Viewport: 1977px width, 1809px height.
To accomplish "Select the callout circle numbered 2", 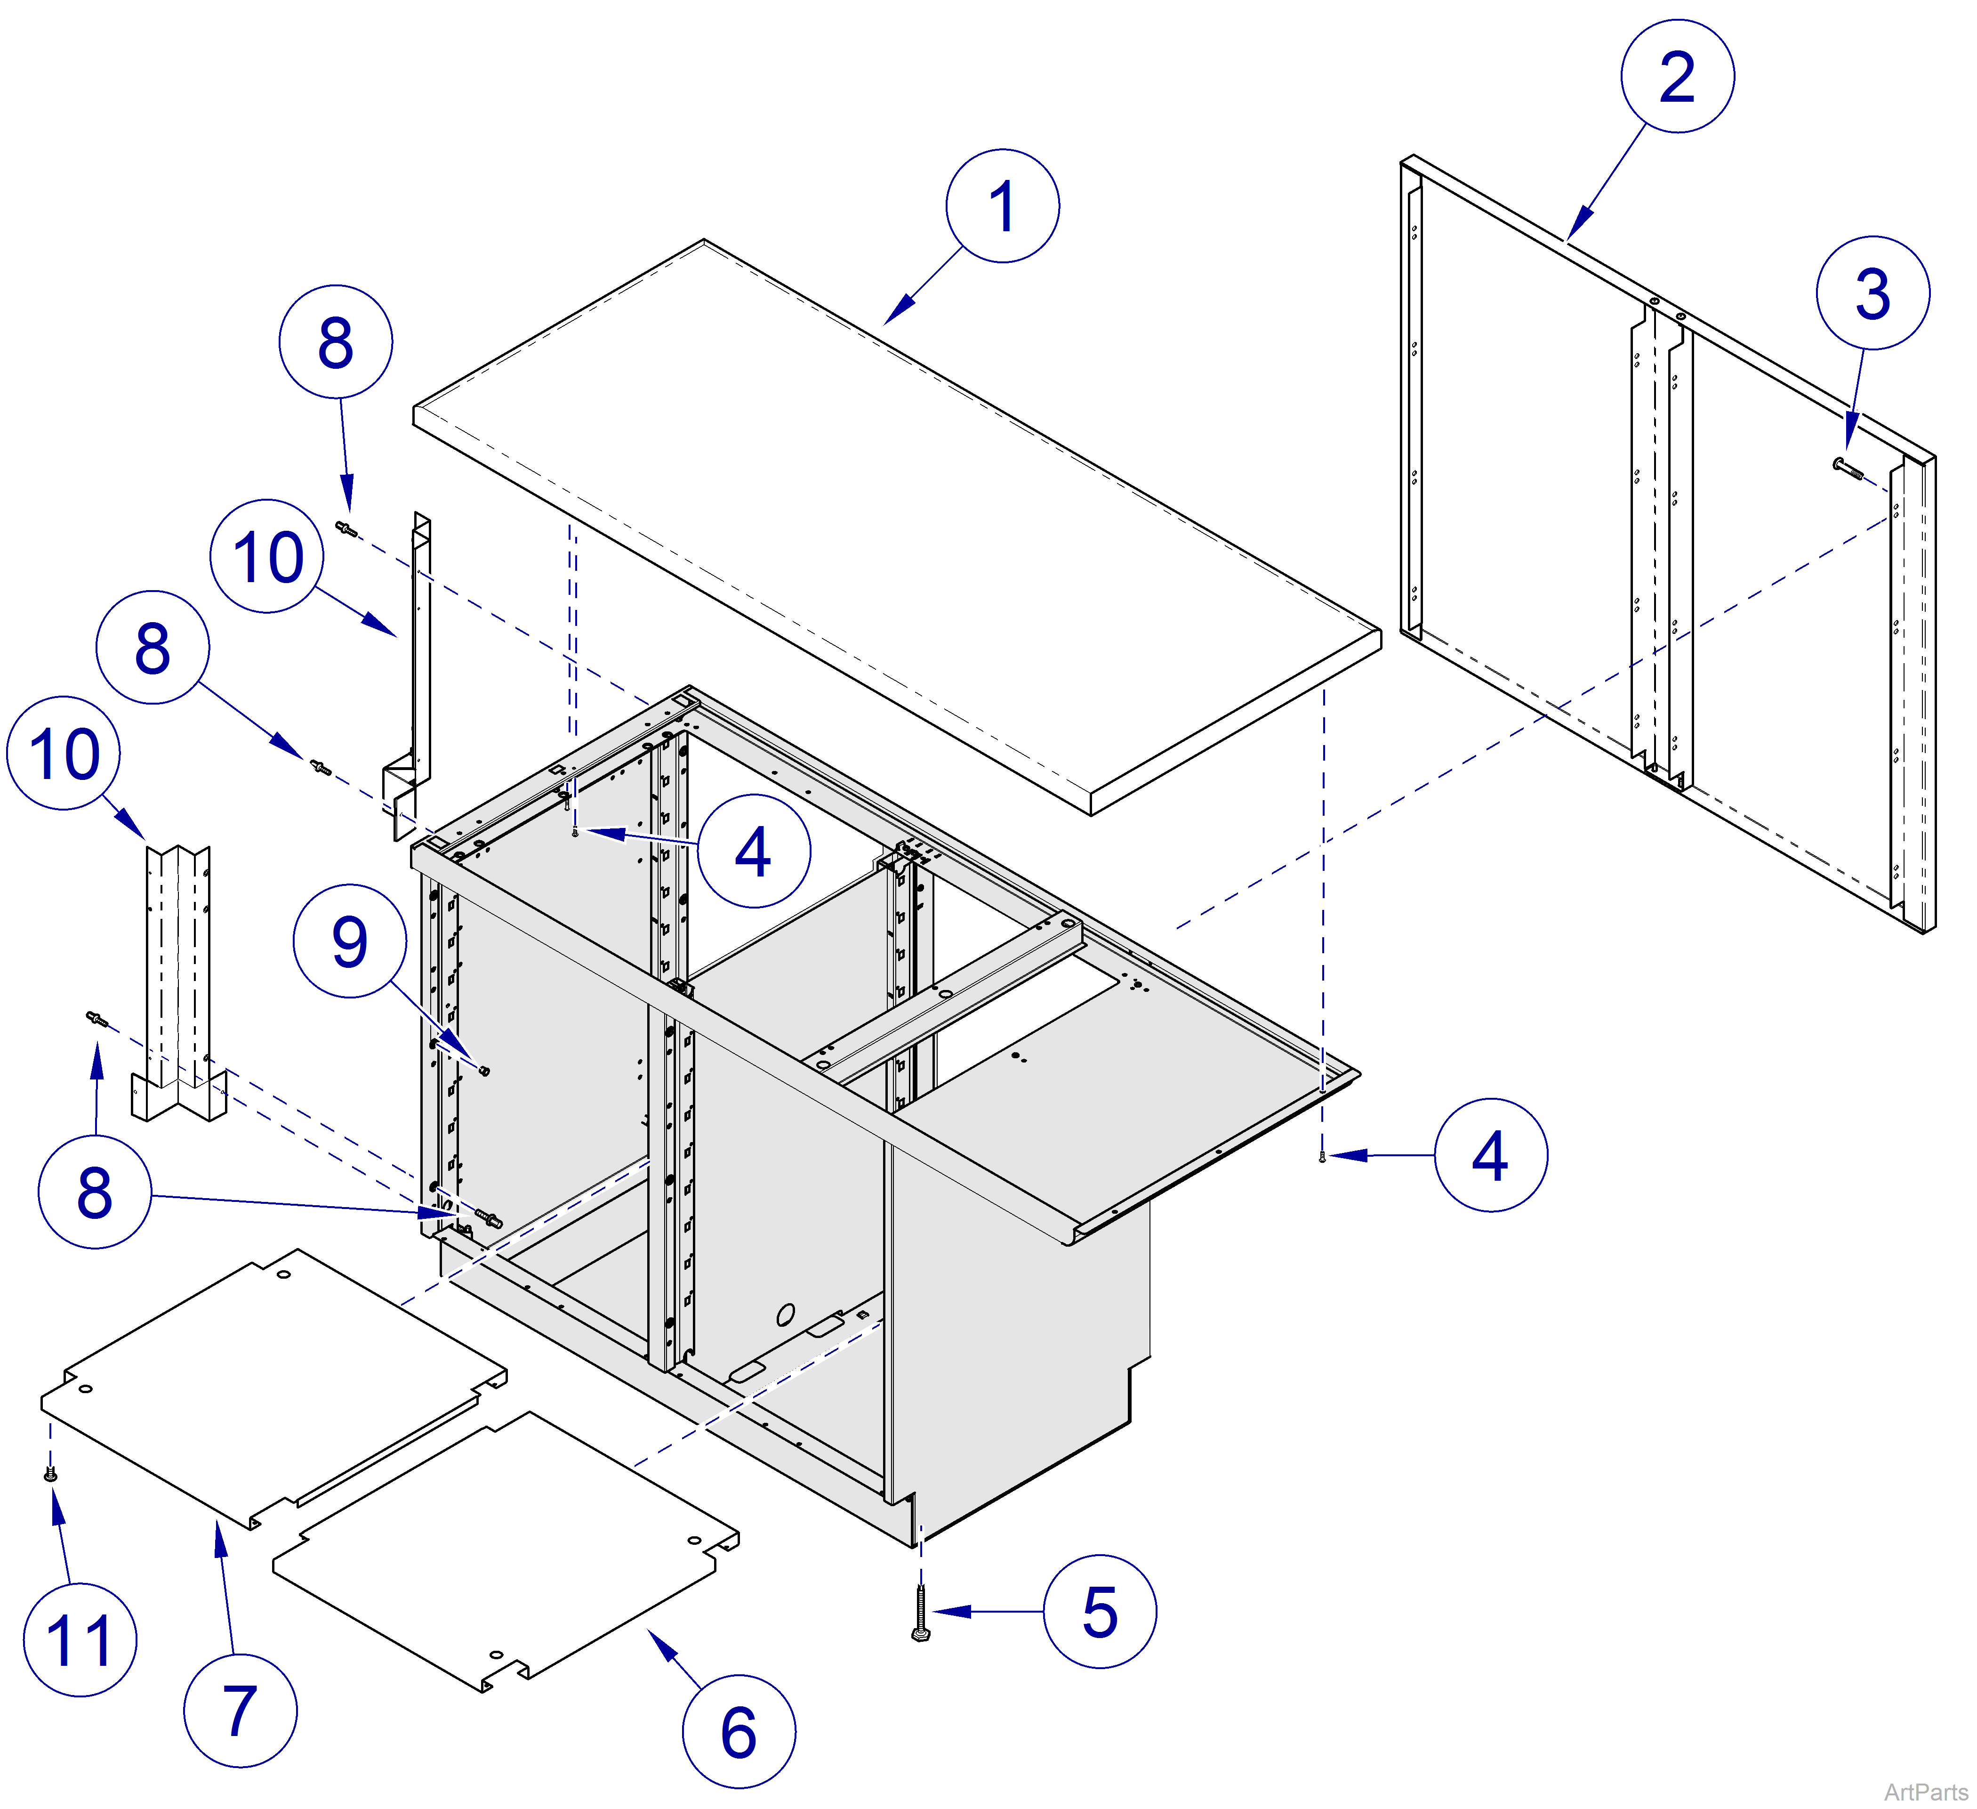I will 1677,76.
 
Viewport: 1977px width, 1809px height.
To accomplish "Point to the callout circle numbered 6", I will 739,1731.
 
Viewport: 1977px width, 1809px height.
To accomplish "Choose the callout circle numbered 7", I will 240,1710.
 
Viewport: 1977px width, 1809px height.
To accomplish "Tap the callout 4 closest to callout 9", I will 753,851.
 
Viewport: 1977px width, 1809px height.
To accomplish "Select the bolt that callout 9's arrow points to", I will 483,1069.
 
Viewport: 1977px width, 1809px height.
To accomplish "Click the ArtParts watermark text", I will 1924,1793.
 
